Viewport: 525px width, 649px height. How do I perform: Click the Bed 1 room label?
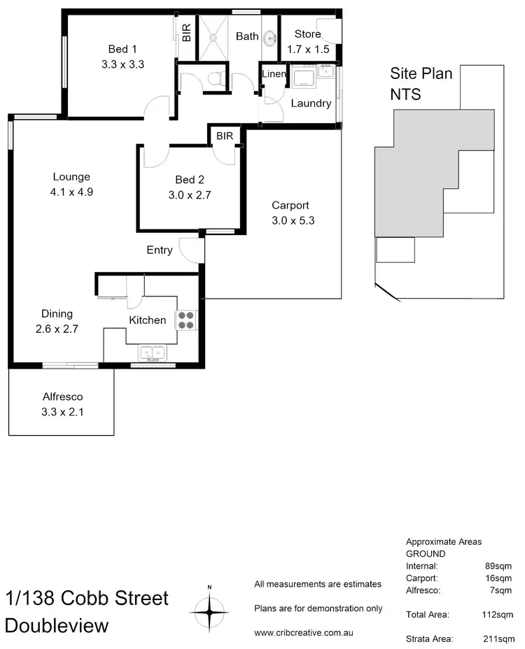tap(118, 49)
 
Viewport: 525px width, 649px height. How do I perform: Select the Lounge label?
tap(71, 177)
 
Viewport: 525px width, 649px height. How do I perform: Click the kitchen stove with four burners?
tap(187, 320)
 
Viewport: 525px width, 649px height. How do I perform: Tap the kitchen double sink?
tap(151, 352)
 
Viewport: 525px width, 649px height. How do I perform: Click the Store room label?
tap(307, 34)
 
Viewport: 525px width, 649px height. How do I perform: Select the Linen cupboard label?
tap(273, 74)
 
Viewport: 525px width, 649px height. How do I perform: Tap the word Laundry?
tap(310, 104)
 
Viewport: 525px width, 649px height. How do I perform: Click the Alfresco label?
tap(62, 397)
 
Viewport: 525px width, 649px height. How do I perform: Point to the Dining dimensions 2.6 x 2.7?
tap(57, 328)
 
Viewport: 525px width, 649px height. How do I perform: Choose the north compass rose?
tap(209, 611)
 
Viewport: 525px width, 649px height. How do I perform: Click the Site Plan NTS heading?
tap(421, 83)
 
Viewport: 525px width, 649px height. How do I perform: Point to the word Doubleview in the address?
tap(57, 625)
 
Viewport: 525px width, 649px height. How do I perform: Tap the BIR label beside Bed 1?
tap(186, 32)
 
